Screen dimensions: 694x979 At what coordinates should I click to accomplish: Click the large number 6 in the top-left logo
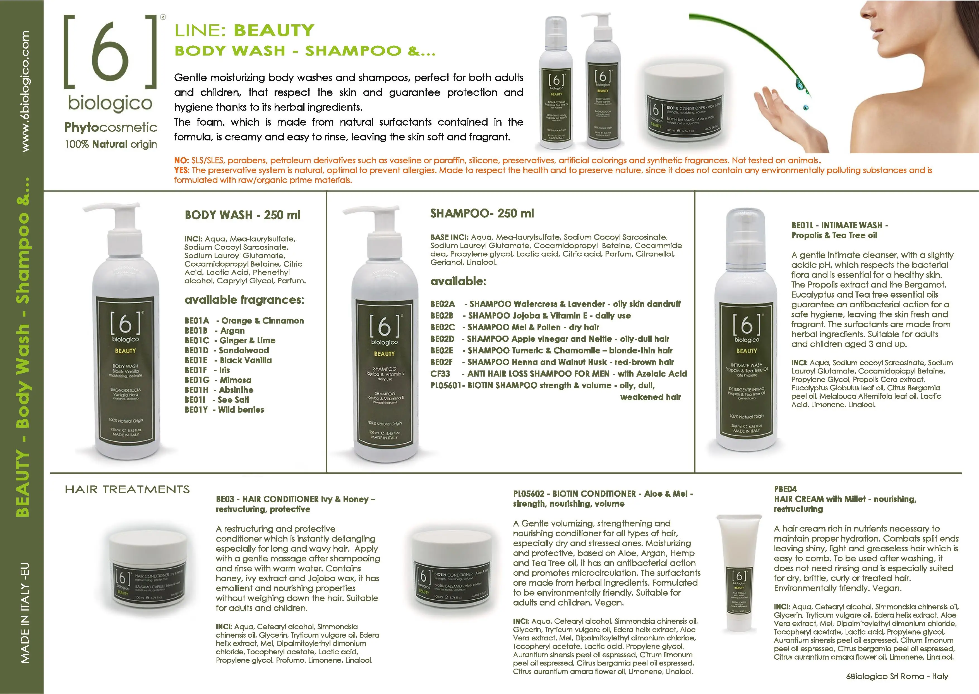[x=110, y=52]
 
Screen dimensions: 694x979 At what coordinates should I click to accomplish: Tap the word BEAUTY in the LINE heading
[x=274, y=30]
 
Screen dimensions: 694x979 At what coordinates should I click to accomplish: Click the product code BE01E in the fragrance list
[x=196, y=360]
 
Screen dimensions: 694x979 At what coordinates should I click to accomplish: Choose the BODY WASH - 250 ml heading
[x=242, y=215]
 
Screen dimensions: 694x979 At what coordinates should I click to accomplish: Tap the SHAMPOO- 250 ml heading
[x=482, y=213]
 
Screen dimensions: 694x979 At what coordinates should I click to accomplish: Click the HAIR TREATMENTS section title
[x=127, y=489]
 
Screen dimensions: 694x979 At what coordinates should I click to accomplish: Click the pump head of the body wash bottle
[x=112, y=210]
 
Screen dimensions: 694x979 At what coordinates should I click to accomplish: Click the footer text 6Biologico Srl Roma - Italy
[x=897, y=676]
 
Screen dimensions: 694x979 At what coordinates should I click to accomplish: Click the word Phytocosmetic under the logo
[x=111, y=127]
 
